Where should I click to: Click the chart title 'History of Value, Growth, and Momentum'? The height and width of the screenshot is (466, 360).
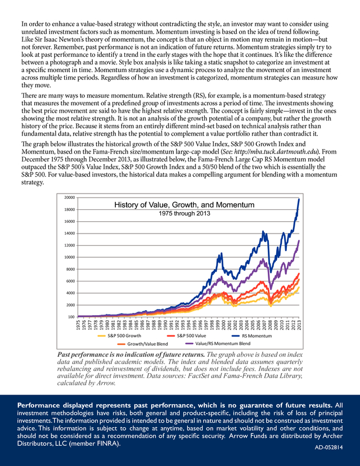click(184, 205)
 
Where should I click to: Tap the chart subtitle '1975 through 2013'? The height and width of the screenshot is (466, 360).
click(184, 213)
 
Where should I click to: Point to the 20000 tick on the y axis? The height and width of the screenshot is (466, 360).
click(70, 198)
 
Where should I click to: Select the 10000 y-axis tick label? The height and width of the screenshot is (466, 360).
click(70, 257)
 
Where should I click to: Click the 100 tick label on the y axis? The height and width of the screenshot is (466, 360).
click(71, 317)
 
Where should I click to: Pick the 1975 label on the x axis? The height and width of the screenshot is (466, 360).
click(78, 325)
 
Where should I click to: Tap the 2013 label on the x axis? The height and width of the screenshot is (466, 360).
click(299, 325)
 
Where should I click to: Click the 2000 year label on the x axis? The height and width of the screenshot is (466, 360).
click(224, 325)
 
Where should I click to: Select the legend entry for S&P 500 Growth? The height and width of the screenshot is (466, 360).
click(119, 336)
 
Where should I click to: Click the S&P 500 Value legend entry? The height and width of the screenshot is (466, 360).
click(187, 336)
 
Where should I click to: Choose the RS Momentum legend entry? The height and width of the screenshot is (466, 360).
click(251, 336)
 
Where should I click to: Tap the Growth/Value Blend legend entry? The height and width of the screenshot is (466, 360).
click(142, 344)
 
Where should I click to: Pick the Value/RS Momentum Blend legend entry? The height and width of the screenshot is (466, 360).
click(218, 343)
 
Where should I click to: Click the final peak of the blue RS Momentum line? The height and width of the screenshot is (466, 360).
click(299, 199)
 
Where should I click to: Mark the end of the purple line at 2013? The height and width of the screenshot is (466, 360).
click(299, 241)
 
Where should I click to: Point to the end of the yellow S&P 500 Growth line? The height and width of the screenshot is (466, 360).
click(299, 287)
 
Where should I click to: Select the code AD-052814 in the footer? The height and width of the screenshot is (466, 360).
click(328, 447)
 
